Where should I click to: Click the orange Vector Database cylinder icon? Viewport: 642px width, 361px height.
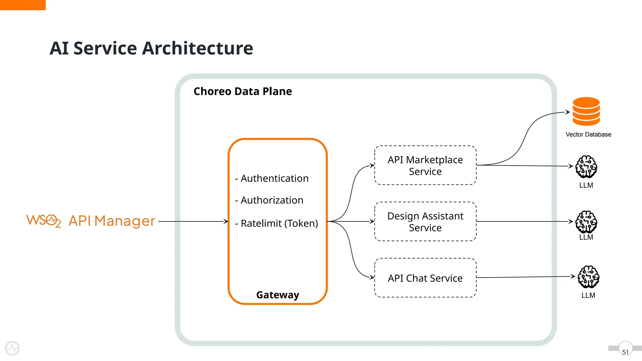coord(586,112)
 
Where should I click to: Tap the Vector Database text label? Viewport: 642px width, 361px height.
coord(588,134)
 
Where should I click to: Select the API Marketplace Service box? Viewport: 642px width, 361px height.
coord(425,165)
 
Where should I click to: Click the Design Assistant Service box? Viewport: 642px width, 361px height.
coord(425,222)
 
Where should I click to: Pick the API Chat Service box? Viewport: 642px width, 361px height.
coord(425,278)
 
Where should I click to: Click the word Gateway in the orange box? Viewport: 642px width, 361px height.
coord(277,295)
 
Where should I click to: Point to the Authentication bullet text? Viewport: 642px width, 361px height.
coord(272,178)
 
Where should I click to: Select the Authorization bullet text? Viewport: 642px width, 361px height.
coord(269,200)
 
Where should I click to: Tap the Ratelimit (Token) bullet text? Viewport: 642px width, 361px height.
coord(276,223)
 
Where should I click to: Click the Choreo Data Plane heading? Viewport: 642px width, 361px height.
coord(243,92)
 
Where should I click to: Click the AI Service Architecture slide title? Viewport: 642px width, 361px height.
coord(151,48)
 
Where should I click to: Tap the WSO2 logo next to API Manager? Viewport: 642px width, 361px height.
coord(43,221)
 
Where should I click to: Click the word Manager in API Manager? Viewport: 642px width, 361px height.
coord(124,221)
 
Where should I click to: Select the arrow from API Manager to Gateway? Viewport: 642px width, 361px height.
coord(193,222)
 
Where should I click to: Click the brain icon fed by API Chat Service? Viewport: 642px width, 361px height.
coord(588,277)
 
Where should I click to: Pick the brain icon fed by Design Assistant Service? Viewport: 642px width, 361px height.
coord(586,222)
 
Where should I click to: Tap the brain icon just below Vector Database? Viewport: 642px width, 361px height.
coord(586,166)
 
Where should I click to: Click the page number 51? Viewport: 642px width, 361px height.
coord(625,352)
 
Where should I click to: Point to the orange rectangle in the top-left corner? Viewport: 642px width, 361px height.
coord(23,5)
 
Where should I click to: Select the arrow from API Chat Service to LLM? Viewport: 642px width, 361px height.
coord(525,277)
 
